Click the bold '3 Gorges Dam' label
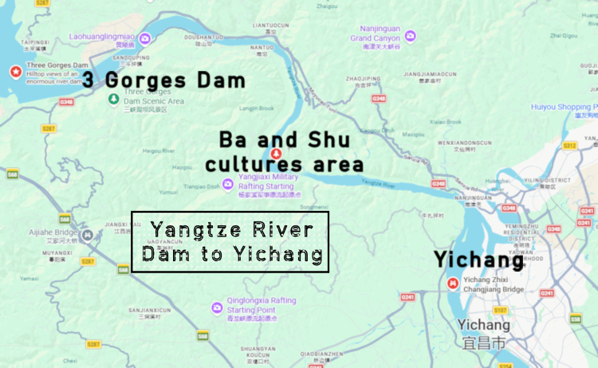point(163,80)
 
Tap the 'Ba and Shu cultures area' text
point(284,152)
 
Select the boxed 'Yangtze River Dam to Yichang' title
point(230,242)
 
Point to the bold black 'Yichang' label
point(478,260)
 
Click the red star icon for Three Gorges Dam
point(15,72)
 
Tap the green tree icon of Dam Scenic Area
point(113,98)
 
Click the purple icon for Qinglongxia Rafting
point(216,307)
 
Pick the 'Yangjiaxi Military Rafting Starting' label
point(268,184)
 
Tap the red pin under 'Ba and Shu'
point(276,153)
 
